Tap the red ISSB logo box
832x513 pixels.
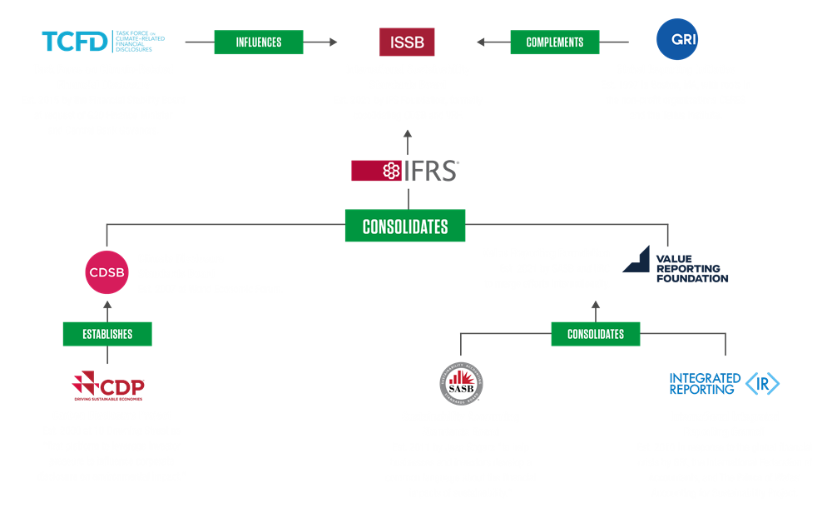tap(407, 42)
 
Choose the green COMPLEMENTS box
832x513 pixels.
tap(555, 42)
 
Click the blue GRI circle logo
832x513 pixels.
tap(676, 39)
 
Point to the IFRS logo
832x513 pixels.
tap(405, 171)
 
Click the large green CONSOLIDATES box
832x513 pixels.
tap(405, 226)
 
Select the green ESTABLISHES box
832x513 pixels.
tap(107, 334)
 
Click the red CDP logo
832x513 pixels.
tap(107, 386)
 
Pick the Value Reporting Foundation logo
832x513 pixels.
tap(675, 266)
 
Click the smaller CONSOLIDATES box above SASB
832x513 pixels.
tap(596, 334)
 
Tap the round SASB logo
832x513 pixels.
tap(460, 383)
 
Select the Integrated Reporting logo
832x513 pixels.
tap(724, 383)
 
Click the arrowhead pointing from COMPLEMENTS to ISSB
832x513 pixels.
tap(481, 42)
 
